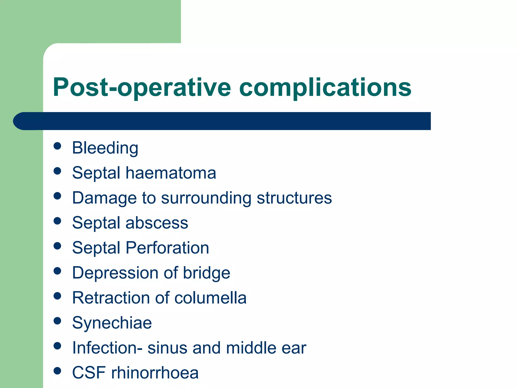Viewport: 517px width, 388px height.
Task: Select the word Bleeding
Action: tap(105, 148)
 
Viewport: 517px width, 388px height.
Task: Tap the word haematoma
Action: tap(171, 173)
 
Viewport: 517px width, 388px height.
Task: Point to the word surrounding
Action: tap(206, 198)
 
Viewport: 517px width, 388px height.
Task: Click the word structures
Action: tap(294, 198)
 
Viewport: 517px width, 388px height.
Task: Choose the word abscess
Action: tap(157, 223)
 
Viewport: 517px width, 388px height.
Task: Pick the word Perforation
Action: tap(167, 248)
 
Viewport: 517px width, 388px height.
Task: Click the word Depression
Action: tap(115, 273)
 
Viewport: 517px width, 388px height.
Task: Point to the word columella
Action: tap(210, 298)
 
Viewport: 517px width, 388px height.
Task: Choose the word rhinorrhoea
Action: tap(155, 373)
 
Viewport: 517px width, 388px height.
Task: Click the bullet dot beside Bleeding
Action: tap(58, 146)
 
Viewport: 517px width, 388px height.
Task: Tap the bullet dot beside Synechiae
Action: tap(58, 321)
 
